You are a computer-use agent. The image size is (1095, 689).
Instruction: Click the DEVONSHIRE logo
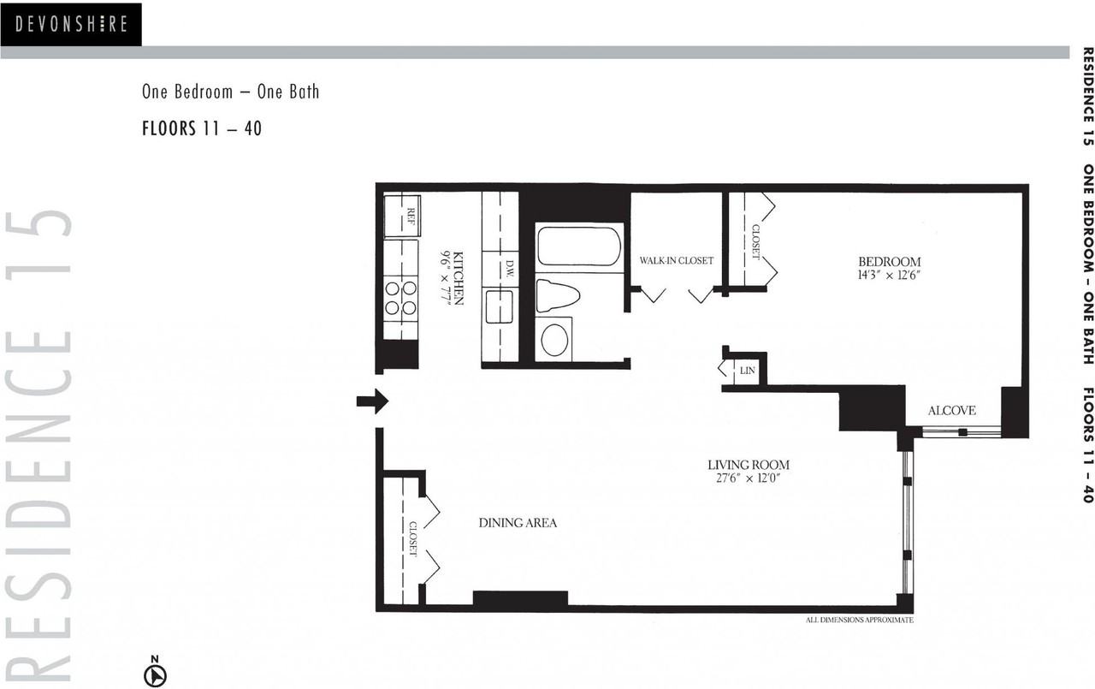pyautogui.click(x=71, y=24)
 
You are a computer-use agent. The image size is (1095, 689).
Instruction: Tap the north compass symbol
pyautogui.click(x=155, y=674)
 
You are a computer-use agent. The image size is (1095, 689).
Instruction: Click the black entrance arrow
pyautogui.click(x=373, y=401)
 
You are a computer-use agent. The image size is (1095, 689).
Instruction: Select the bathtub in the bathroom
pyautogui.click(x=578, y=246)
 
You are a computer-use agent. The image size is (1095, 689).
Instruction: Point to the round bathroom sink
pyautogui.click(x=554, y=339)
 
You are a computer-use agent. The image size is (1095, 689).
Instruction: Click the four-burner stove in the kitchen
pyautogui.click(x=400, y=297)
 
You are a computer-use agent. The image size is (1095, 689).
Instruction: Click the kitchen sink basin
pyautogui.click(x=499, y=306)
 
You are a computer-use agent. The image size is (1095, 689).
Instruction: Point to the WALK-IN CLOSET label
pyautogui.click(x=676, y=260)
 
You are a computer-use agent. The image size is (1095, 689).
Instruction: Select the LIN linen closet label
pyautogui.click(x=748, y=370)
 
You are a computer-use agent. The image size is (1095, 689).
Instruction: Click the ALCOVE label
pyautogui.click(x=951, y=411)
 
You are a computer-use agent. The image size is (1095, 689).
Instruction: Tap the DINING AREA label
pyautogui.click(x=518, y=522)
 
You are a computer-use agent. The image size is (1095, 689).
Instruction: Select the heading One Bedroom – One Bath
pyautogui.click(x=230, y=92)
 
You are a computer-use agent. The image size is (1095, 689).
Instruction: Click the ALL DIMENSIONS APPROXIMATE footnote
pyautogui.click(x=859, y=620)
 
